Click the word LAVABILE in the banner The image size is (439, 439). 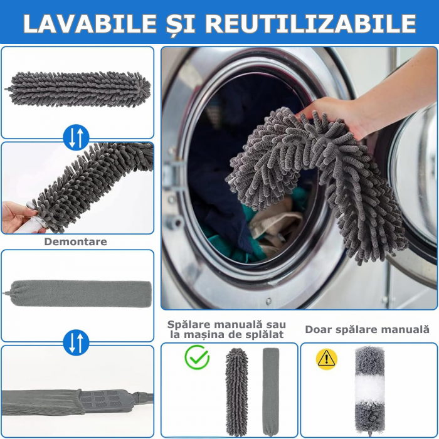pos(90,24)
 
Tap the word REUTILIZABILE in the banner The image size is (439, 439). pos(311,24)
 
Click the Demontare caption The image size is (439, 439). pos(76,241)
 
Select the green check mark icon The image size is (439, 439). pos(197,357)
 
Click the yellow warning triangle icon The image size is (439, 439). pos(327,359)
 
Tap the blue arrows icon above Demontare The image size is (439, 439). pos(76,137)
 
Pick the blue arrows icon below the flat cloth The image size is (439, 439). pos(76,342)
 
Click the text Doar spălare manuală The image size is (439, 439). pos(367,329)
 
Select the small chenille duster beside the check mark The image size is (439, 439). pos(236,392)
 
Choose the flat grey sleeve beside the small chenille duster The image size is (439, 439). pos(271,392)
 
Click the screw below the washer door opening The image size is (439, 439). pos(268,302)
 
